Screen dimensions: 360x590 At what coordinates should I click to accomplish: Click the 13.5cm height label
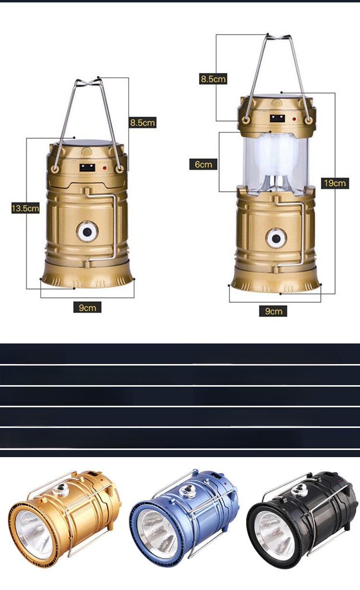(25, 208)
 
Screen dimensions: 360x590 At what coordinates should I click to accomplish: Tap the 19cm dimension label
(335, 183)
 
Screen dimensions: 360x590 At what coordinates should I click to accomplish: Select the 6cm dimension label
(203, 165)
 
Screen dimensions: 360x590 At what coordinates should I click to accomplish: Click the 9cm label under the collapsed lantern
(87, 307)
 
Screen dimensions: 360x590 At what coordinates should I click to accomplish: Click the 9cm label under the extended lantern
(273, 311)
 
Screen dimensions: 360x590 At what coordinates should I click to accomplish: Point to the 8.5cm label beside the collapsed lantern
(143, 122)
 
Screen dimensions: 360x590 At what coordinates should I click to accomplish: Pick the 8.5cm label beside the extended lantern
(213, 79)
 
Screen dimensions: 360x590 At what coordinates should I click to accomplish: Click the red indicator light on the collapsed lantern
(104, 168)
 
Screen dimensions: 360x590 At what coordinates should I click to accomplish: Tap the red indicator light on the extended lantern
(294, 119)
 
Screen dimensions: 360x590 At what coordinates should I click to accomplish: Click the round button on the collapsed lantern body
(87, 232)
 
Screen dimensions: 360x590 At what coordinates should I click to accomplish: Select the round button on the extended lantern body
(276, 238)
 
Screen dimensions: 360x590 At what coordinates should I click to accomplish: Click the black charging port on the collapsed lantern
(87, 167)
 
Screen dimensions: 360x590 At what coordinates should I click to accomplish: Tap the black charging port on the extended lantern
(277, 118)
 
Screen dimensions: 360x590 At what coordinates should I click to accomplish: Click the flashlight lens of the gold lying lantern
(34, 537)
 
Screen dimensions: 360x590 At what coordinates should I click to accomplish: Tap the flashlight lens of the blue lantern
(157, 537)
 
